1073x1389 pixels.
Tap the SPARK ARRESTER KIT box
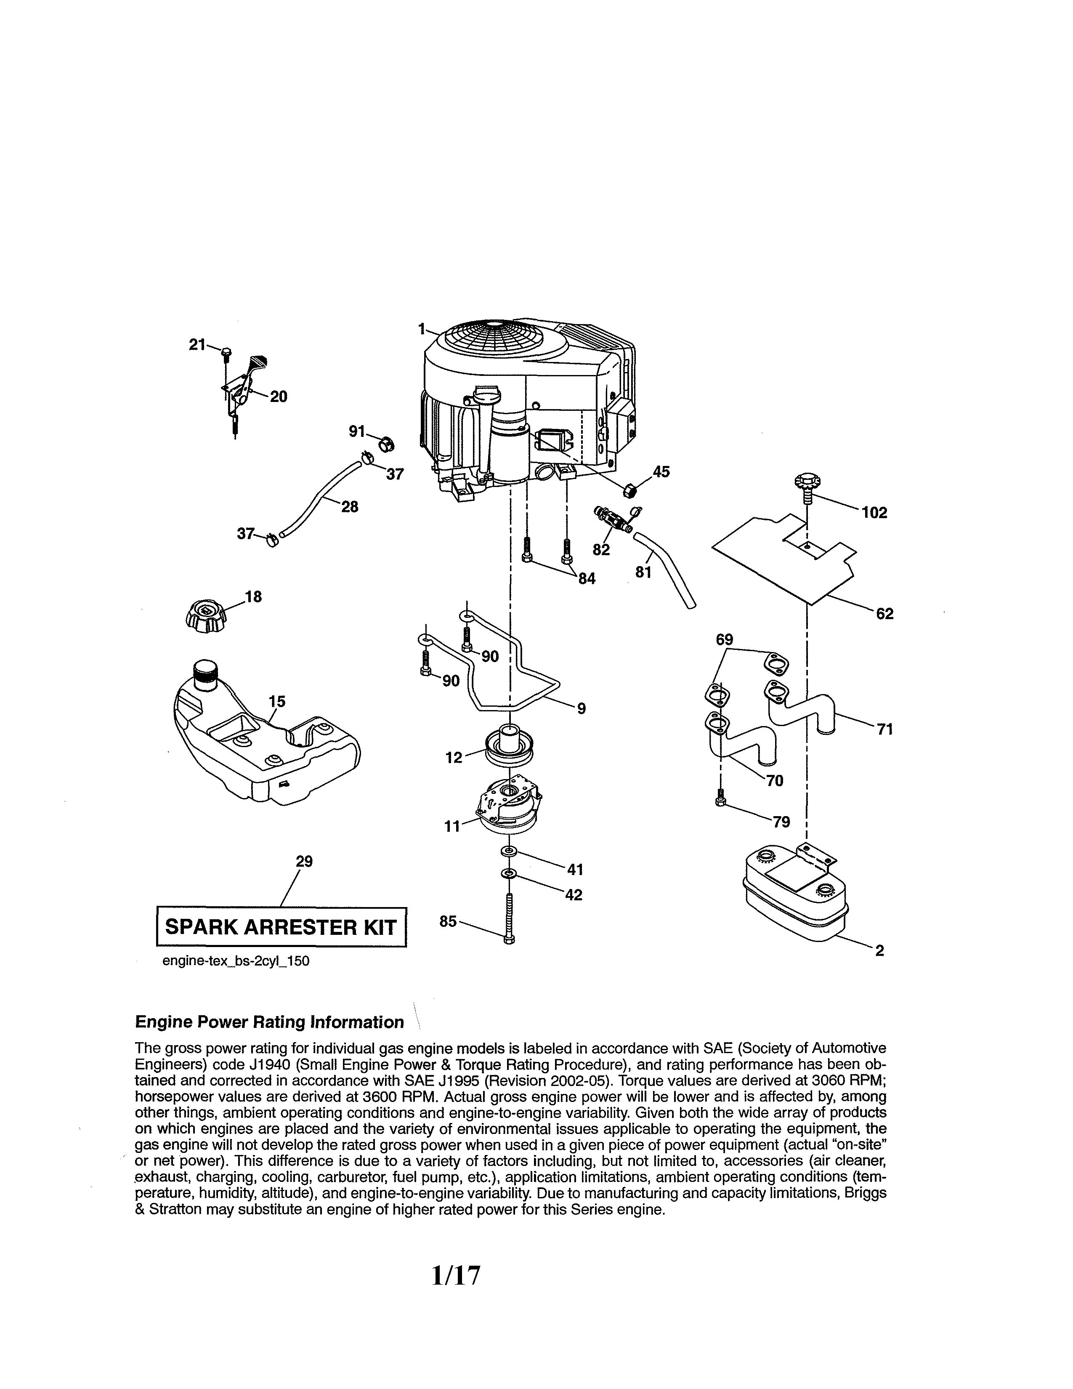coord(281,927)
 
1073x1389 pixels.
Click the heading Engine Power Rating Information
coord(270,1022)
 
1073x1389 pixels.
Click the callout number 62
coord(884,614)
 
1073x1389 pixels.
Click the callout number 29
coord(305,861)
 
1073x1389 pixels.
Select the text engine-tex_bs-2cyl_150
coord(236,961)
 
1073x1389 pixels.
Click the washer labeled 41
coord(509,851)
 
